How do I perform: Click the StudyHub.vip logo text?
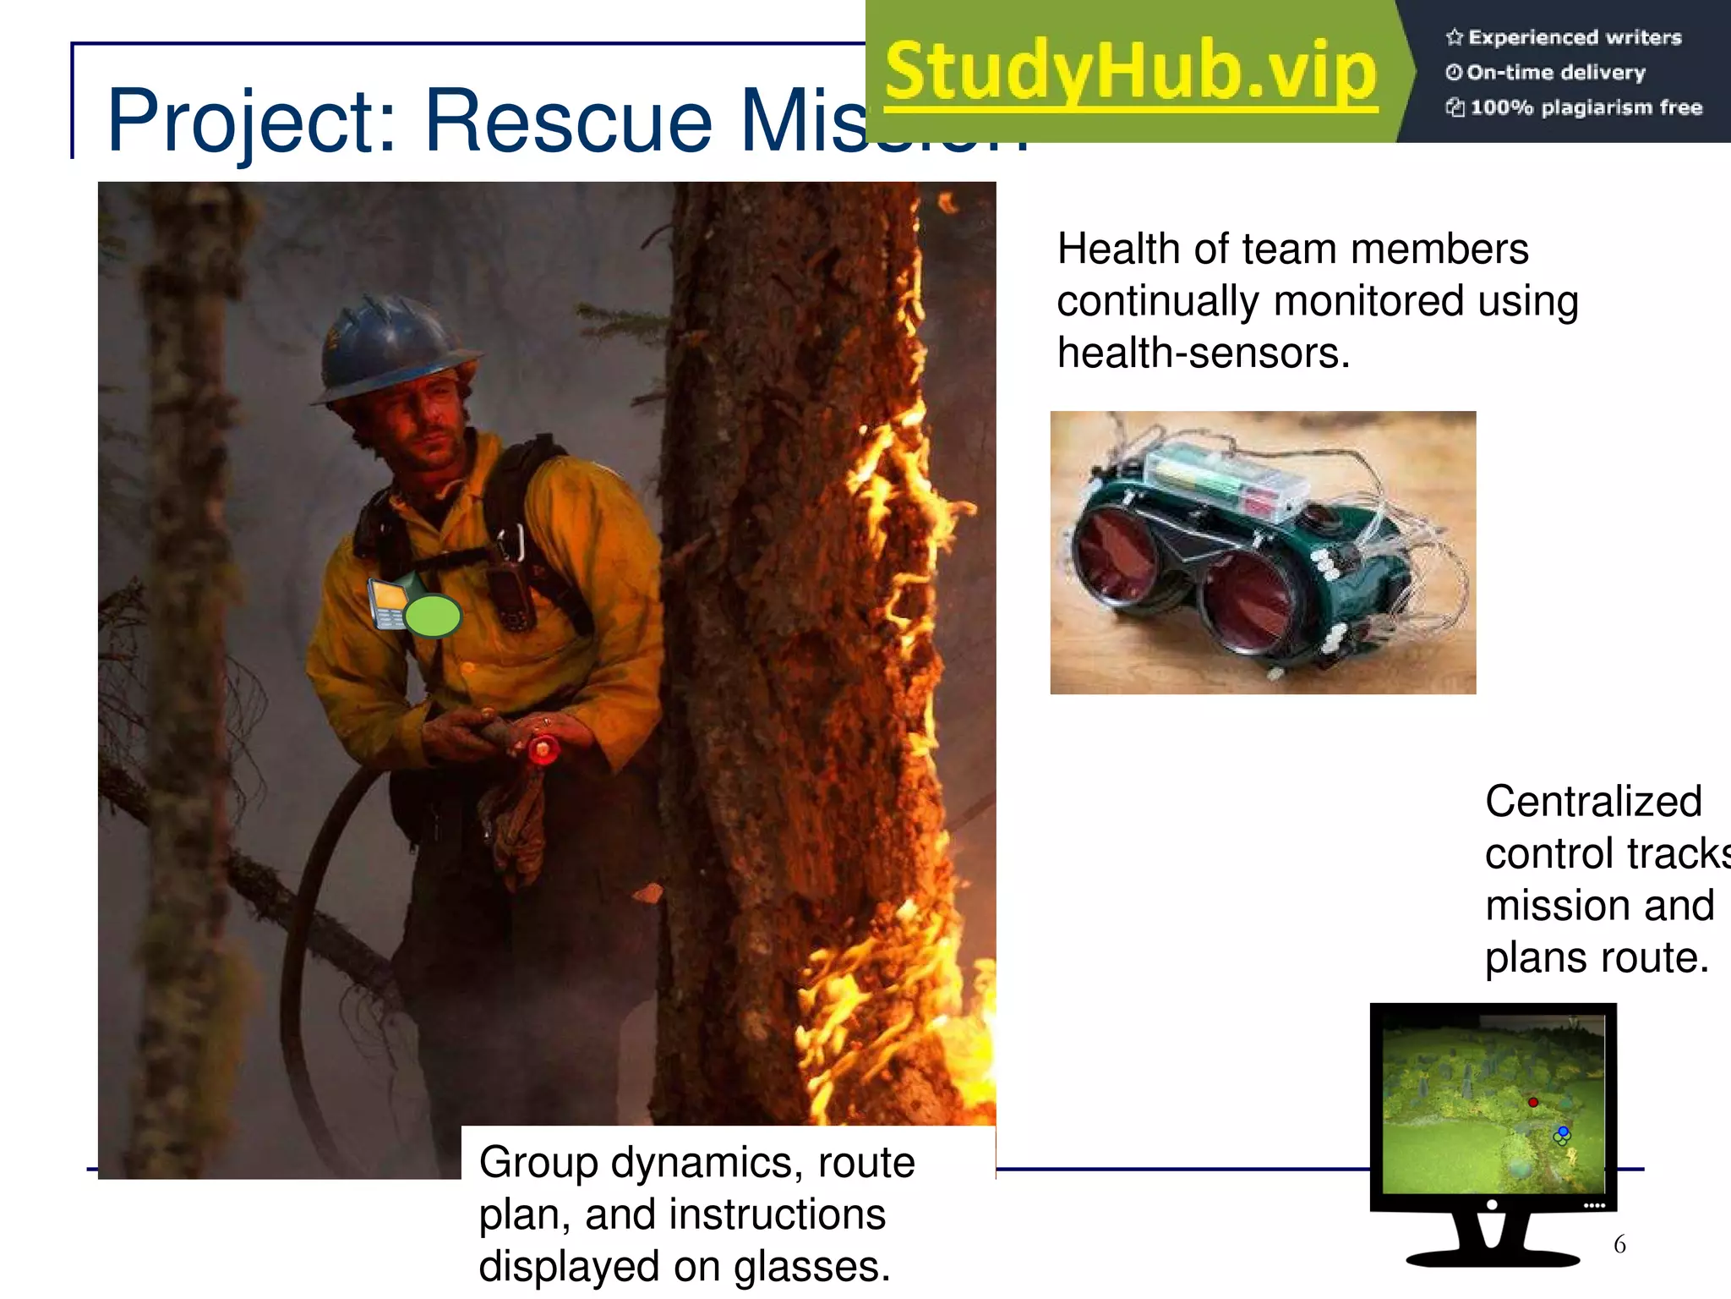coord(1131,73)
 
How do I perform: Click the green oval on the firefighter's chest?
coord(433,615)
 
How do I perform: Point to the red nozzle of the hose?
coord(543,749)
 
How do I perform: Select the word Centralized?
coord(1593,802)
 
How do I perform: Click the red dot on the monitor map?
coord(1533,1102)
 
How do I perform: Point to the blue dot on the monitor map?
coord(1564,1132)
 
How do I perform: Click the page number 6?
coord(1619,1244)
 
